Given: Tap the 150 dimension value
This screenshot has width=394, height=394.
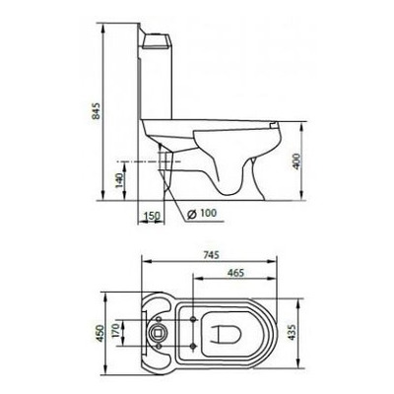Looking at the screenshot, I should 150,216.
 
